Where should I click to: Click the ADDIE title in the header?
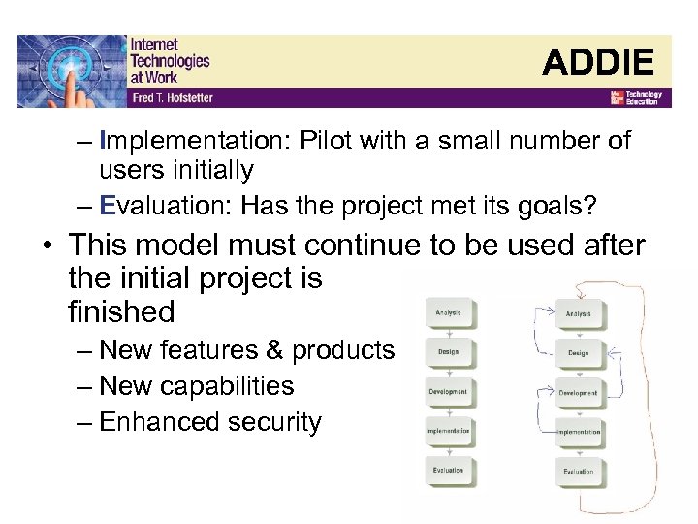(598, 62)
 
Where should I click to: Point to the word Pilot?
(326, 141)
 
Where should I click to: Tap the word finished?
(121, 312)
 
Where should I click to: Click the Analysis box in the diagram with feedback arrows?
(579, 313)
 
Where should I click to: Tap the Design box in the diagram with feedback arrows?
(579, 353)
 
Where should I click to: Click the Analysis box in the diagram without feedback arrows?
(449, 313)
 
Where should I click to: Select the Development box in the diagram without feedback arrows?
(449, 392)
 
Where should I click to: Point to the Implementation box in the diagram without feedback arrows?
(449, 431)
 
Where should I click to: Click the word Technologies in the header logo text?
(170, 60)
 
